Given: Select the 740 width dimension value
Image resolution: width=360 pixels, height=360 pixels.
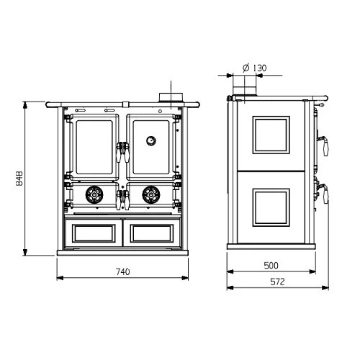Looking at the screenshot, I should tap(122, 271).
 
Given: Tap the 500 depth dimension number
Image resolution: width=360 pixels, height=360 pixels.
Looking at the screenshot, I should tap(271, 265).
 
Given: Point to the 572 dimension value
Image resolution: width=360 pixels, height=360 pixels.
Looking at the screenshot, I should tap(271, 281).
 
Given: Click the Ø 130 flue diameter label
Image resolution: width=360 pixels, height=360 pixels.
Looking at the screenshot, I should tap(251, 68).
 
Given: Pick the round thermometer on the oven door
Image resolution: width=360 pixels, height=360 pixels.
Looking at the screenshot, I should tap(151, 140).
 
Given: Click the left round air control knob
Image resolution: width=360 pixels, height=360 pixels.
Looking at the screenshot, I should tap(93, 193).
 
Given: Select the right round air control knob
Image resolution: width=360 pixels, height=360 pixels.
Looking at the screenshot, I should tap(150, 193).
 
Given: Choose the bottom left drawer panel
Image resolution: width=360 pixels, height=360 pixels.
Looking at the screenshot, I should tap(91, 231).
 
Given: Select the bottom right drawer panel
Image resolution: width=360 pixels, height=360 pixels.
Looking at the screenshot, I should tap(152, 231).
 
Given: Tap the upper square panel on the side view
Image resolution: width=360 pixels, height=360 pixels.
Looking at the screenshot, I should tap(270, 135).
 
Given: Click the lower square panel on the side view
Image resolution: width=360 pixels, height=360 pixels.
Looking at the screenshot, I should tap(270, 207).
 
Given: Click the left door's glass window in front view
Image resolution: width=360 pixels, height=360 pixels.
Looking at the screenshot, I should tap(93, 147).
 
